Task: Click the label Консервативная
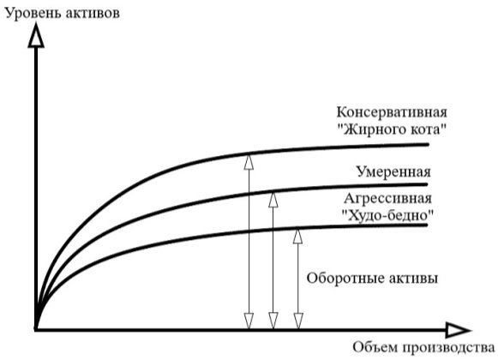point(392,111)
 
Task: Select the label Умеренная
point(393,172)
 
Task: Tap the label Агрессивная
point(387,199)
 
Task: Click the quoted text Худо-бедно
point(388,216)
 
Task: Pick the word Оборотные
point(342,279)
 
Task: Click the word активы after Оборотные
point(410,279)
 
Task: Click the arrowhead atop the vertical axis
point(36,35)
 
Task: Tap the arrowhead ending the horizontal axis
point(458,330)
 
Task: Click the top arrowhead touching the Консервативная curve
point(249,162)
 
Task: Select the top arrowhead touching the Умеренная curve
point(273,200)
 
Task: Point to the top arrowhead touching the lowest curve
point(297,236)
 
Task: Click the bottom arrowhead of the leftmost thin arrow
point(249,321)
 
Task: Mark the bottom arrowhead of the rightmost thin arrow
point(298,321)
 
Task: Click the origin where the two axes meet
point(36,330)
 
